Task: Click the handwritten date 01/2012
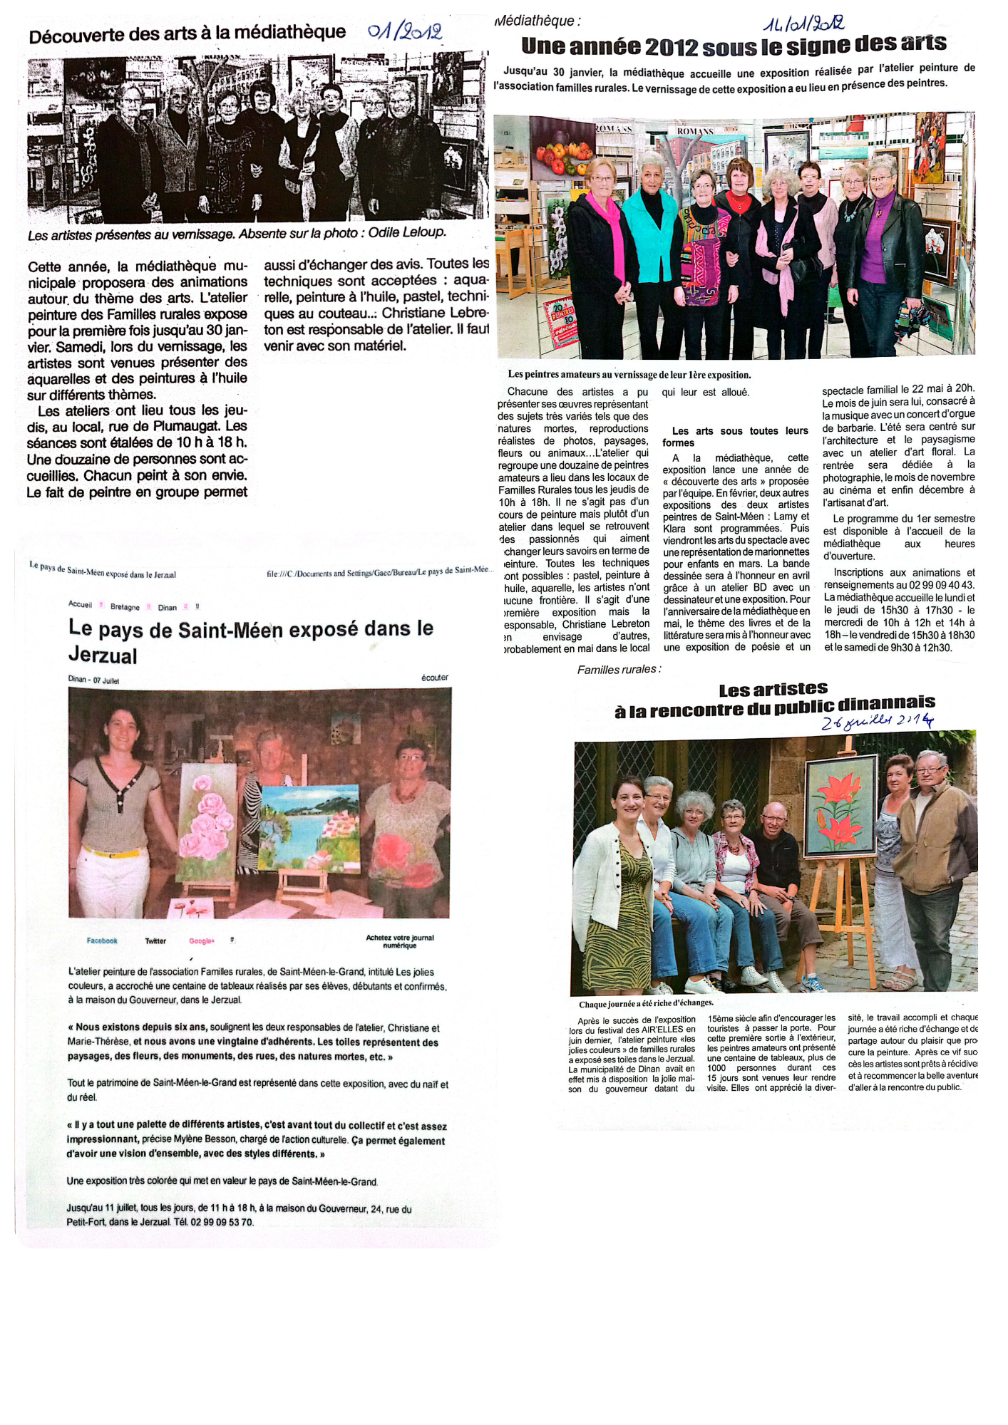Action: coord(404,31)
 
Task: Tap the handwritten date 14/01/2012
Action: coord(803,24)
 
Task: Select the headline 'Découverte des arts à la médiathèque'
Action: coord(187,33)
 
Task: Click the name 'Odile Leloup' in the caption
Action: coord(407,232)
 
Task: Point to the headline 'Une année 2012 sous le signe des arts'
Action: coord(734,46)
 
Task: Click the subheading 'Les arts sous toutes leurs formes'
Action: coord(736,437)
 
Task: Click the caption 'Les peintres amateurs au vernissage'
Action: coord(629,375)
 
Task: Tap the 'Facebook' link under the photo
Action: coord(102,940)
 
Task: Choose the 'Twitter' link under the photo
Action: coord(155,941)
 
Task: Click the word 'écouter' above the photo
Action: coord(434,678)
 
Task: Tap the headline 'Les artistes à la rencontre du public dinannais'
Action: coord(774,698)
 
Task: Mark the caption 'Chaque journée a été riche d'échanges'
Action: coord(646,1004)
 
